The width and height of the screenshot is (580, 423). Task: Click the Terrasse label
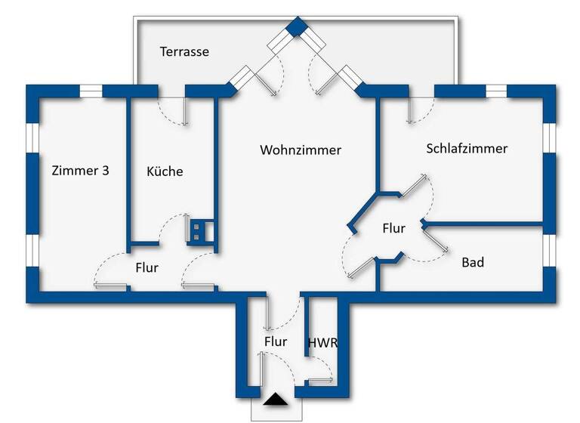coord(184,52)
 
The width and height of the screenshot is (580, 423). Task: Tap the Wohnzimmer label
coord(301,150)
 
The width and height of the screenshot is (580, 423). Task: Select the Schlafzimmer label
coord(467,148)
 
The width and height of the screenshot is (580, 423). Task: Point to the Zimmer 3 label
coord(80,171)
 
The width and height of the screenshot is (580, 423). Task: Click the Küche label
coord(165,171)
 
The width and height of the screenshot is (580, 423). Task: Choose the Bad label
coord(473,263)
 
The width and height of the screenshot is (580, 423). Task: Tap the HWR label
coord(322,342)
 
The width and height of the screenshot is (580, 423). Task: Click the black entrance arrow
coord(276,400)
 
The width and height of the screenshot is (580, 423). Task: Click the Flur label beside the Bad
coord(393,228)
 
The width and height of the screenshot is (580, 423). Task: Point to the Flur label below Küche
coord(147,267)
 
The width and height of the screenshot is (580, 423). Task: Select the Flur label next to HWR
coord(276,341)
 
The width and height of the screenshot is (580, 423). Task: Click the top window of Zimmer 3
coord(91,91)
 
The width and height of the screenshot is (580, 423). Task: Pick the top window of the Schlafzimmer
coord(496,91)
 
